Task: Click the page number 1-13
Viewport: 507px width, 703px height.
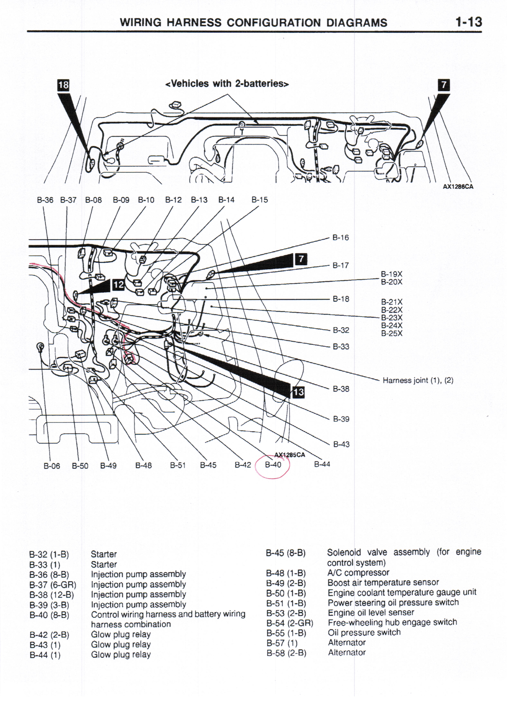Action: [468, 22]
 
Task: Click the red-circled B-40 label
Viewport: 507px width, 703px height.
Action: [273, 465]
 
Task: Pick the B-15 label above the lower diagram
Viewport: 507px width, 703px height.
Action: [260, 200]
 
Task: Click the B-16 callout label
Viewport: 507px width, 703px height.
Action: [341, 238]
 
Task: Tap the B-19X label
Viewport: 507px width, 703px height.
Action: [391, 274]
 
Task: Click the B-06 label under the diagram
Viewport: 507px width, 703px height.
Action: [52, 466]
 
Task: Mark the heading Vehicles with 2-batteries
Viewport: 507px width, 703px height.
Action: [227, 84]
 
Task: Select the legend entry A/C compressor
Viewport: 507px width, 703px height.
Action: [358, 573]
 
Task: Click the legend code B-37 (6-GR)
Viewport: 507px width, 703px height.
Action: [53, 585]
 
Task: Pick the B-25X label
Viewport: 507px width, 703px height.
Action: [391, 334]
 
